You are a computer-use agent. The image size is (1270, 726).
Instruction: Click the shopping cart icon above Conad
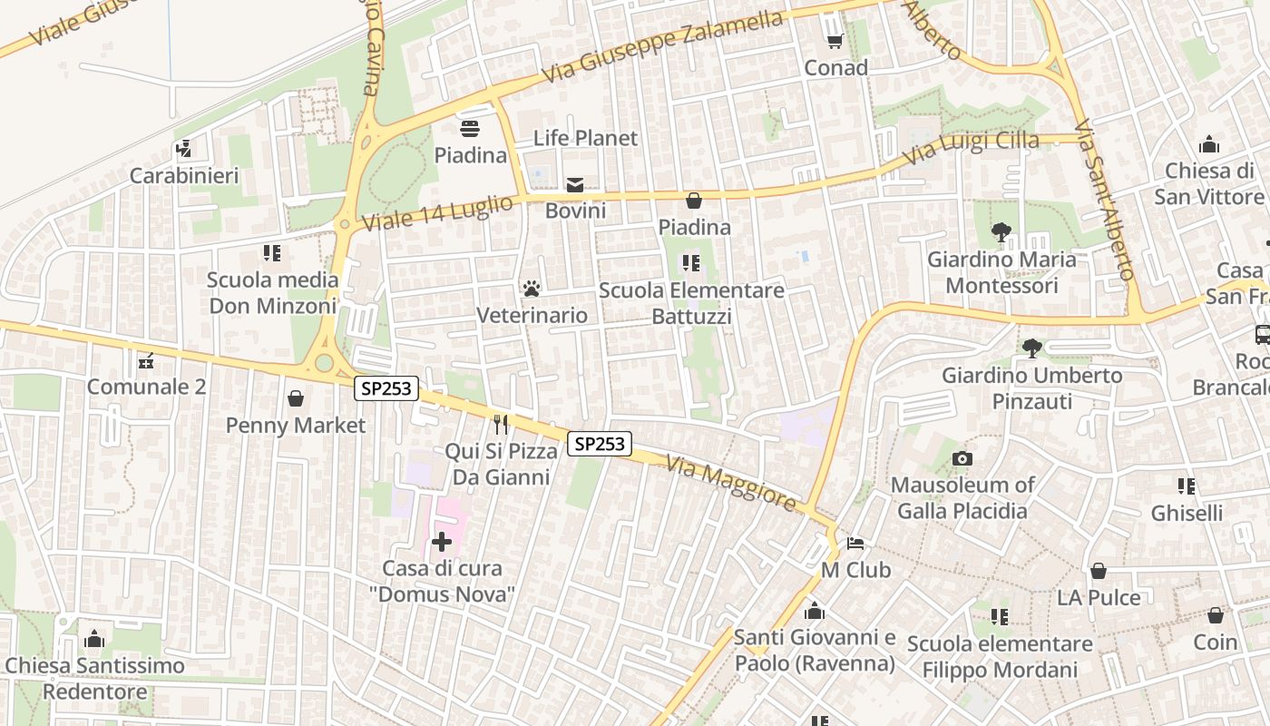tap(835, 42)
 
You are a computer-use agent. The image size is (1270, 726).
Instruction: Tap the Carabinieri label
tap(184, 175)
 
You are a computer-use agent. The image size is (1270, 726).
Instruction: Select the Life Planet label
tap(585, 138)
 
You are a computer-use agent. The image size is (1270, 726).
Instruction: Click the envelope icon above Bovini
tap(575, 185)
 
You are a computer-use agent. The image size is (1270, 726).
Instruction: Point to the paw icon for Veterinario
tap(532, 289)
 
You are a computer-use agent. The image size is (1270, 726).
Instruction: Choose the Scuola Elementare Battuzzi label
tap(691, 303)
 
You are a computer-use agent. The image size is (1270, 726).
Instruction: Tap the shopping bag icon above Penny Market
tap(296, 398)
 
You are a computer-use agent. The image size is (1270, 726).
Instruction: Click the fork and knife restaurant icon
tap(500, 424)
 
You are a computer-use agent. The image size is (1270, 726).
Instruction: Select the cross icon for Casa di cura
tap(442, 542)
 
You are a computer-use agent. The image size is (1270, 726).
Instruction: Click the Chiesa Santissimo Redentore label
tap(94, 678)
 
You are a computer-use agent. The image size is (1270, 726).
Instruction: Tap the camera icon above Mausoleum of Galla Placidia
tap(962, 458)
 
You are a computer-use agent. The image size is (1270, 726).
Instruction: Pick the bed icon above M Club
tap(855, 544)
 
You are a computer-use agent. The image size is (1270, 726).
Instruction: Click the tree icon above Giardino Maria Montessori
tap(1001, 232)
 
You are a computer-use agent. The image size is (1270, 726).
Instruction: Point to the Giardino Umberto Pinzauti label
tap(1031, 388)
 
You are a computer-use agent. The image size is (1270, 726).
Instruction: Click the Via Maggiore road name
tap(730, 483)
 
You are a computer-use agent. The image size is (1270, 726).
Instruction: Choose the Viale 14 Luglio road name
tap(437, 213)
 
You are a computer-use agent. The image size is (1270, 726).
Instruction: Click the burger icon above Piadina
tap(470, 129)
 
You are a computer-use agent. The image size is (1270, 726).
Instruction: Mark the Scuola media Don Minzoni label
tap(272, 292)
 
